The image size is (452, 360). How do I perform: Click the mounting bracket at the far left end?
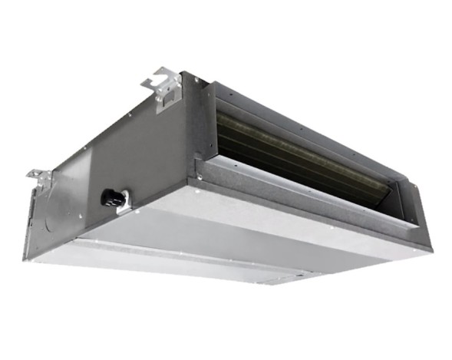tap(39, 178)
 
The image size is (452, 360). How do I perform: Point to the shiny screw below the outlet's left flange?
tap(201, 177)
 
